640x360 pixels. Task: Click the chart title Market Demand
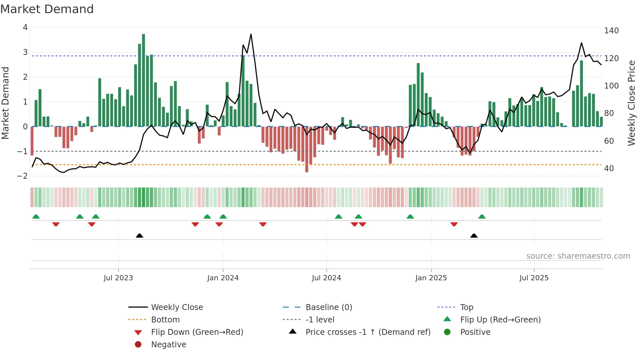click(47, 9)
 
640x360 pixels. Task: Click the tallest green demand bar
click(143, 80)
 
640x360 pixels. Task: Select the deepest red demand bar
click(307, 149)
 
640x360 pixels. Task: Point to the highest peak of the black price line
click(251, 34)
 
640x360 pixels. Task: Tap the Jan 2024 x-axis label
click(223, 278)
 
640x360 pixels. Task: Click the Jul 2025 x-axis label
click(534, 278)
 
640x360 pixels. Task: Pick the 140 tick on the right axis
click(611, 31)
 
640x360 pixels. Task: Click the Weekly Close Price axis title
click(632, 103)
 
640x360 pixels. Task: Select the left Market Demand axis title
click(6, 103)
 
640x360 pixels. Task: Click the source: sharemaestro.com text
click(578, 256)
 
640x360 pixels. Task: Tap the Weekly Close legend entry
click(177, 307)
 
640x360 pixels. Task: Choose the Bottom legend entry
click(165, 320)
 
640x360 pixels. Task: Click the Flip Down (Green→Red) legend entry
click(197, 332)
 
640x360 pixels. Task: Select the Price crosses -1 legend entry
click(368, 332)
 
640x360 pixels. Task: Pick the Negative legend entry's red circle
click(138, 345)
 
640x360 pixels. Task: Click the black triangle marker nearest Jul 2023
click(139, 236)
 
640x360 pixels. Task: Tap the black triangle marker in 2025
click(474, 236)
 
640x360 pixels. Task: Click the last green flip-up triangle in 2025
click(482, 217)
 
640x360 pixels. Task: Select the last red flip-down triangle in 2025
click(454, 224)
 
